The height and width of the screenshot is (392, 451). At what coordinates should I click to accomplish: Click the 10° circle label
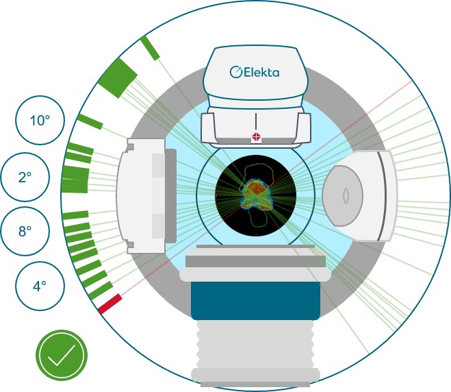[x=40, y=120]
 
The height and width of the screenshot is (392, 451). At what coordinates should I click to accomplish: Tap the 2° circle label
[x=25, y=177]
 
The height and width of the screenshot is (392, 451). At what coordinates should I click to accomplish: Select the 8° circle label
[x=25, y=231]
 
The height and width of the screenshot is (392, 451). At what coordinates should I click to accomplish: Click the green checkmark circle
[x=62, y=355]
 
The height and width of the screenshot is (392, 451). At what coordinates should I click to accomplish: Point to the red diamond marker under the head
[x=257, y=137]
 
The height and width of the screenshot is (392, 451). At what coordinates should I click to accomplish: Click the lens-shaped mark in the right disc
[x=347, y=195]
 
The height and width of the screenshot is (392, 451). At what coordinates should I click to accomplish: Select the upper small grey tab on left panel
[x=129, y=147]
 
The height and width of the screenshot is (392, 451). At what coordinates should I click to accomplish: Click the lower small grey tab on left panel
[x=129, y=244]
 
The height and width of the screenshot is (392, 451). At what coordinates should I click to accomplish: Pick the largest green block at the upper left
[x=118, y=77]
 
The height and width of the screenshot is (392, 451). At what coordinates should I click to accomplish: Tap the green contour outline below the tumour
[x=258, y=219]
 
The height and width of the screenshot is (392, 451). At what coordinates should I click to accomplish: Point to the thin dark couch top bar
[x=255, y=245]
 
